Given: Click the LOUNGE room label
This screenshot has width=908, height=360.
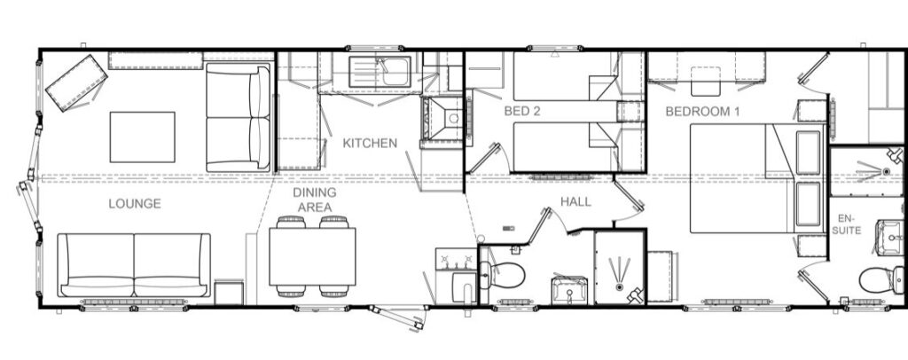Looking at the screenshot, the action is tap(135, 204).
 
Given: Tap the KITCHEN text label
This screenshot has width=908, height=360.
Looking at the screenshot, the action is tap(370, 143).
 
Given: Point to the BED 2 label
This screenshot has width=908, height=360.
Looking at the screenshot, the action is tap(521, 111).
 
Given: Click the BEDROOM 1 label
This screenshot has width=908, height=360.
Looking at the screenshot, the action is tap(702, 111).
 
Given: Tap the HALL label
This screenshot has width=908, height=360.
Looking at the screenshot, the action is tap(575, 201).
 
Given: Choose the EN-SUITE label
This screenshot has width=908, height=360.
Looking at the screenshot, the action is tap(849, 224).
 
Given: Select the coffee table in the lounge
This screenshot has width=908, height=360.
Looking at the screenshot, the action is tap(143, 137).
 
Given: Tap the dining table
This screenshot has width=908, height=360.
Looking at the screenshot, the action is tap(312, 256).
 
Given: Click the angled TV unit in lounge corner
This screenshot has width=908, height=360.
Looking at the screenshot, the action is tap(76, 82).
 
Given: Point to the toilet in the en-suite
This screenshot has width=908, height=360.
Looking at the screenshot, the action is tap(881, 280).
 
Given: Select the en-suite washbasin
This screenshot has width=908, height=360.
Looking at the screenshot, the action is tap(888, 238).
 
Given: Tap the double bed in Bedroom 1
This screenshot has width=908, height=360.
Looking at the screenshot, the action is tap(757, 178).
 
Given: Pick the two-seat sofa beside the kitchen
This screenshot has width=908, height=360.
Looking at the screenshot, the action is tap(238, 118).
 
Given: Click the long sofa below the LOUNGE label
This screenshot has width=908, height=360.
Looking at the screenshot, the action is tap(134, 265).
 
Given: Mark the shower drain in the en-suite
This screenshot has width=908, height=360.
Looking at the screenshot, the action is tap(886, 171).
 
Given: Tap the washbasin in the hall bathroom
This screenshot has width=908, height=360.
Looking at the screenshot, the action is tap(570, 290).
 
